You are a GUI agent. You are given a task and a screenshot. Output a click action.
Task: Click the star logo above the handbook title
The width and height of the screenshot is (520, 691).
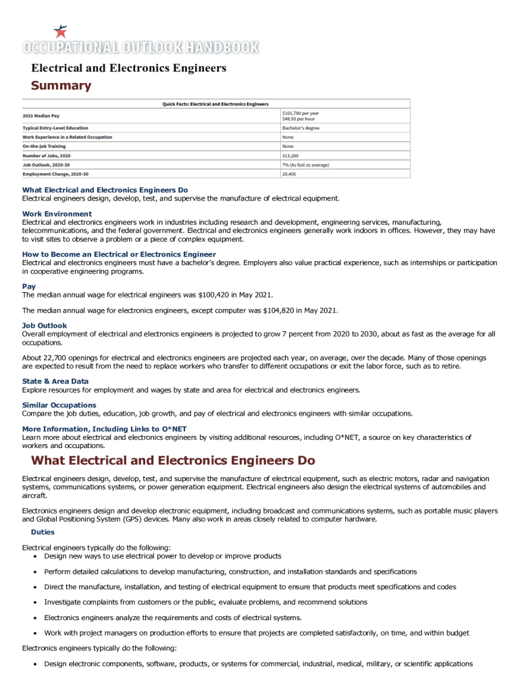61,31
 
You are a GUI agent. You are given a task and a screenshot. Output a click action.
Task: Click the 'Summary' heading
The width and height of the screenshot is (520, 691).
61,86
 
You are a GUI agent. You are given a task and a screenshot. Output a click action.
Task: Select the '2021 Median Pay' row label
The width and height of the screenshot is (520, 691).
41,115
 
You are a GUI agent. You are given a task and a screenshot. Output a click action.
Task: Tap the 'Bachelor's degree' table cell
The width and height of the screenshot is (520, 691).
301,128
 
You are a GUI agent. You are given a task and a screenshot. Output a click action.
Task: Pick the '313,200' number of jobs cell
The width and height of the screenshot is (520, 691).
290,155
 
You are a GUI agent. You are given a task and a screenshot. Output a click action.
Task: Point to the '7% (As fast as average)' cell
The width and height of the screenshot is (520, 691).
305,165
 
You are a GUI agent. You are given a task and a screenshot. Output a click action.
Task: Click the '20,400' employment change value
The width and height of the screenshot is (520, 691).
289,174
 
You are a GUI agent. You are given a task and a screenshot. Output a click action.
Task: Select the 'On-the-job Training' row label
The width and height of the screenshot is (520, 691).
44,146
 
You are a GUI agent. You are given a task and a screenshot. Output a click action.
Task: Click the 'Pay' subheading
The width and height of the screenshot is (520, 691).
28,286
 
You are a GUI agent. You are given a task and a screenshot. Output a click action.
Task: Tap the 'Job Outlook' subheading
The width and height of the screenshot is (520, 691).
45,326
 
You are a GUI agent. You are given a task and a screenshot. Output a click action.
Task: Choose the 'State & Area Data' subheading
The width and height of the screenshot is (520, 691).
55,381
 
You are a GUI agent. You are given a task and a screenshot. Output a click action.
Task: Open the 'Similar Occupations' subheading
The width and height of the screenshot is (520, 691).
59,406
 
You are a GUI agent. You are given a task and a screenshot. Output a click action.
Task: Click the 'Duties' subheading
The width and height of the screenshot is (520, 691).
43,532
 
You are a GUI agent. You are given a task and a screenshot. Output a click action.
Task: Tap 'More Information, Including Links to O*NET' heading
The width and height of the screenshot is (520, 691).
104,429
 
